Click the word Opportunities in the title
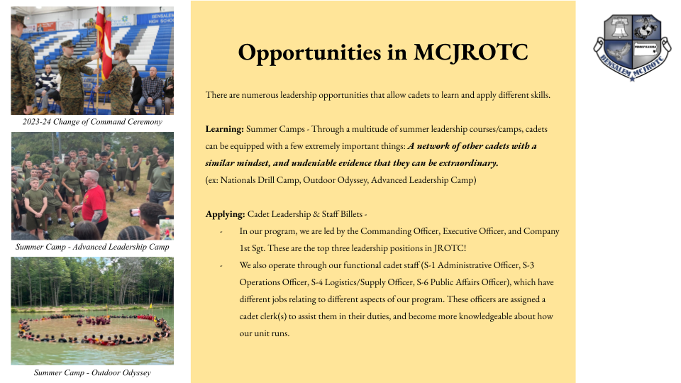310,53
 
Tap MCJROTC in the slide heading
471,52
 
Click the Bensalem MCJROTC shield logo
632,48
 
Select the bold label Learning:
225,129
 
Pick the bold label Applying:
226,214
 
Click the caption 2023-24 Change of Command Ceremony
92,122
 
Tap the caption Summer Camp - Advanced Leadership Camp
92,247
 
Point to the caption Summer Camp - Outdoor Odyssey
92,373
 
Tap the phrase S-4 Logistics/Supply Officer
362,282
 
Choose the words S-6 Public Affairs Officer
462,282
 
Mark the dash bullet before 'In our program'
221,232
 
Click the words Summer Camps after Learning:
275,129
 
